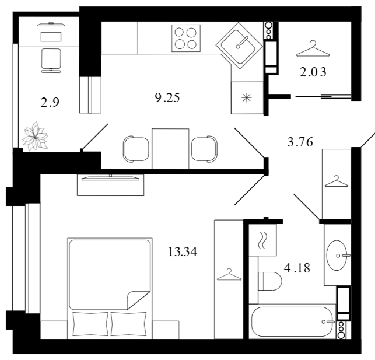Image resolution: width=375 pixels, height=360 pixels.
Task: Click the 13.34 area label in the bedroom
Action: tap(183, 251)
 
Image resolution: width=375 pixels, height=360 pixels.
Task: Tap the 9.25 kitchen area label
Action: tap(167, 97)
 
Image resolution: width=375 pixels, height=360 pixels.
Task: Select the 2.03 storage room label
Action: tap(313, 72)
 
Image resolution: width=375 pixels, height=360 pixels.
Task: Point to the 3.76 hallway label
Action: tap(300, 142)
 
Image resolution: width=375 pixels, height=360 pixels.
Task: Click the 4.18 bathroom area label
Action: tap(297, 268)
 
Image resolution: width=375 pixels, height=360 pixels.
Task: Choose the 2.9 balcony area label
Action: tap(50, 102)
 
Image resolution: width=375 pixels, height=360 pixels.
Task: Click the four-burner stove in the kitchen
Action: tap(186, 39)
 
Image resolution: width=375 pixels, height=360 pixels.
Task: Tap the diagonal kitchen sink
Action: tap(239, 46)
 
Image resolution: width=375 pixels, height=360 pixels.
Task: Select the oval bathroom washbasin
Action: tap(337, 256)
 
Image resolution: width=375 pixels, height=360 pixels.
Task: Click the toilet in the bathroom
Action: tap(270, 281)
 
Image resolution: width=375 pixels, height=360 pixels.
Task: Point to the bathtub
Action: tap(292, 321)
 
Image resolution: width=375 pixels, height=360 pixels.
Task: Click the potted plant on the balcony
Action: tap(35, 137)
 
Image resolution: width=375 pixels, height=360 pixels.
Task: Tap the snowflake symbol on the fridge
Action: tap(247, 98)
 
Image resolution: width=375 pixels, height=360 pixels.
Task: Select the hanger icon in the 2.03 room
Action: tap(313, 48)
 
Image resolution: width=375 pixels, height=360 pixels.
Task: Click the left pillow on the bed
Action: tap(90, 324)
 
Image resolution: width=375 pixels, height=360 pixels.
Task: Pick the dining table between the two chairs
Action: tap(170, 149)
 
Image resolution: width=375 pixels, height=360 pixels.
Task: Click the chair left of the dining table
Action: tap(136, 149)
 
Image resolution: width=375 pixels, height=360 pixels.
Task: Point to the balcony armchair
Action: tap(51, 61)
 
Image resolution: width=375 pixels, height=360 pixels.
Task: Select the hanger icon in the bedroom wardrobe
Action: tap(229, 274)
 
